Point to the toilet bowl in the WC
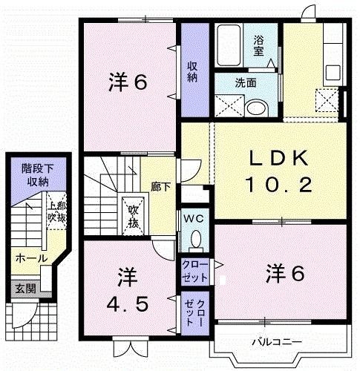click(196, 239)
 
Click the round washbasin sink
click(256, 107)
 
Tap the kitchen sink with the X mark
click(325, 99)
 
